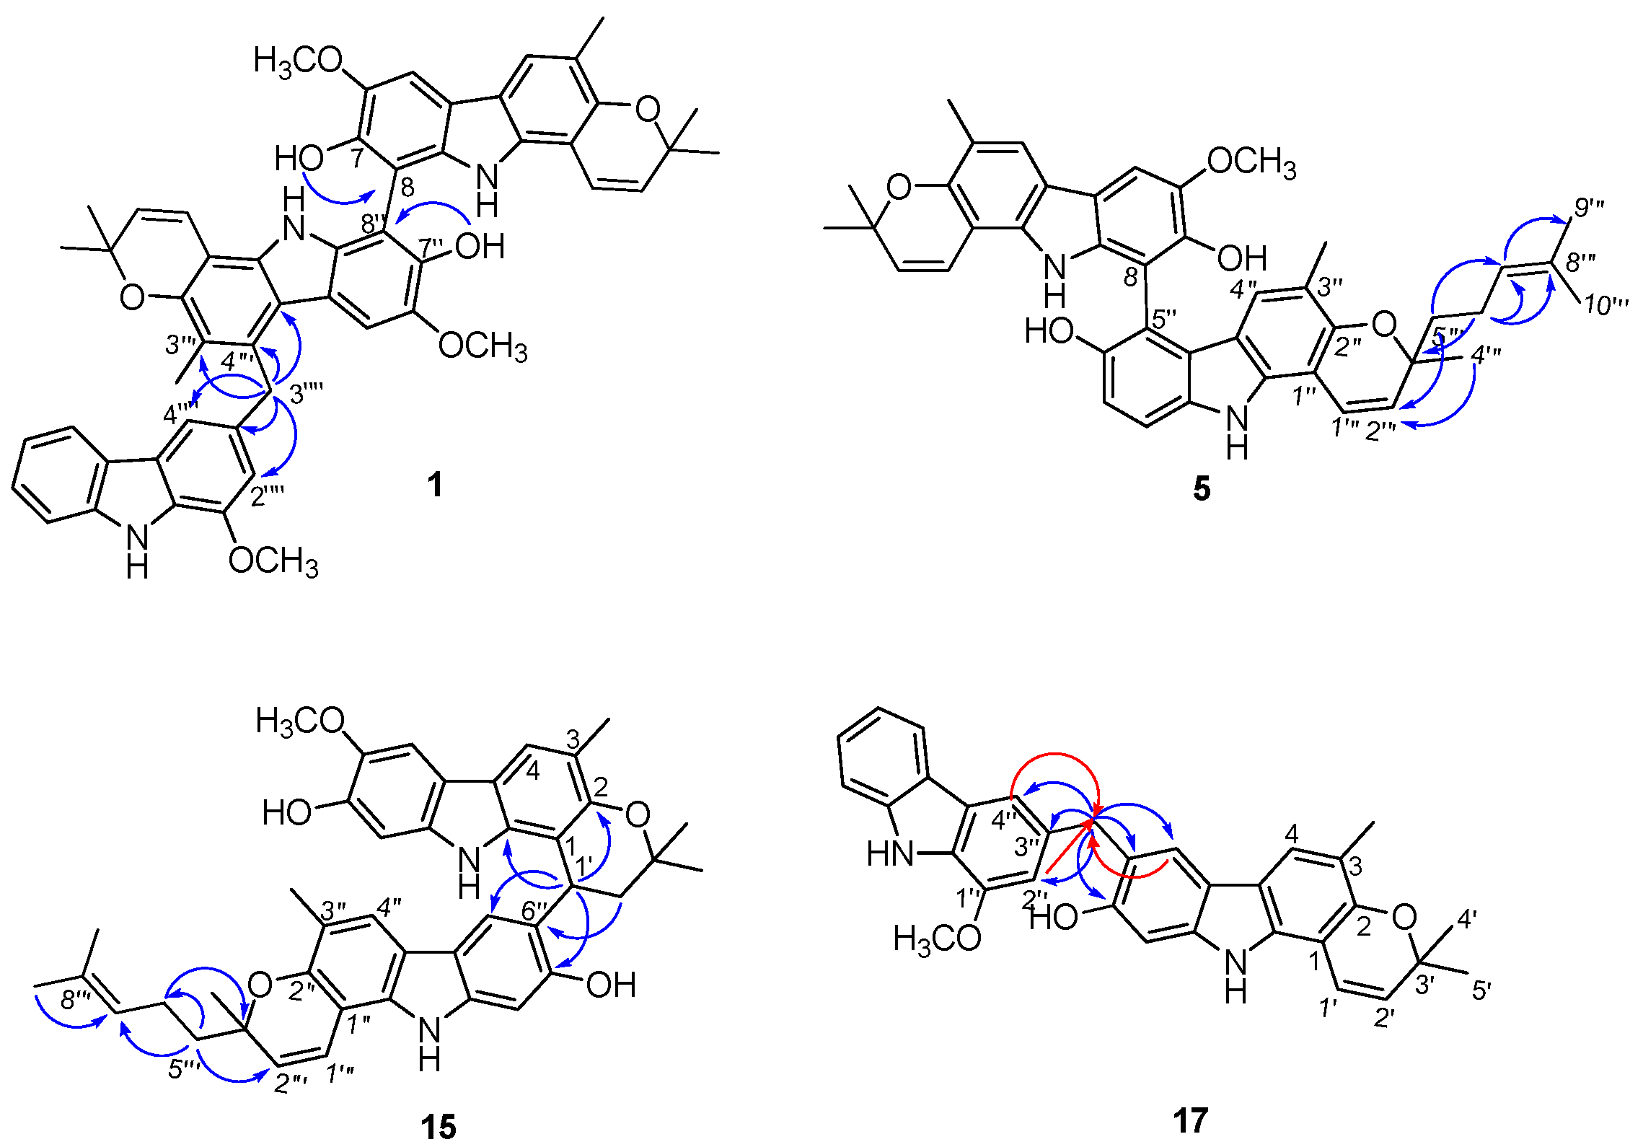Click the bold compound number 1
(x=434, y=485)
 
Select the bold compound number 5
(x=1201, y=488)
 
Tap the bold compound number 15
(x=438, y=1126)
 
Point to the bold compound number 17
(x=1189, y=1120)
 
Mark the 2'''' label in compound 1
(x=268, y=497)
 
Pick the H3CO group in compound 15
(x=300, y=721)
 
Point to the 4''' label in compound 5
(x=1485, y=356)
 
